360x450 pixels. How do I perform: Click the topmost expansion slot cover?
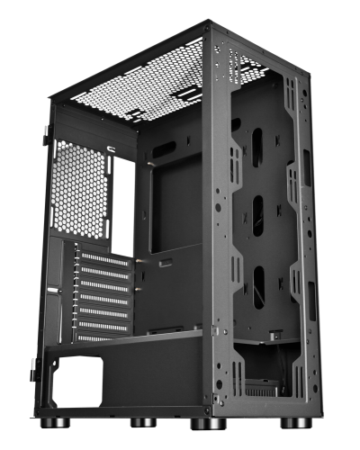pos(101,259)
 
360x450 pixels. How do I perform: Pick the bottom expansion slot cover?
pos(101,337)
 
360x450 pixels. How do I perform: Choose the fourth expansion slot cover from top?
pos(101,298)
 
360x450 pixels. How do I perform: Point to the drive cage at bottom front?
pos(270,369)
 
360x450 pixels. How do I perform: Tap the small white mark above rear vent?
pos(110,149)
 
